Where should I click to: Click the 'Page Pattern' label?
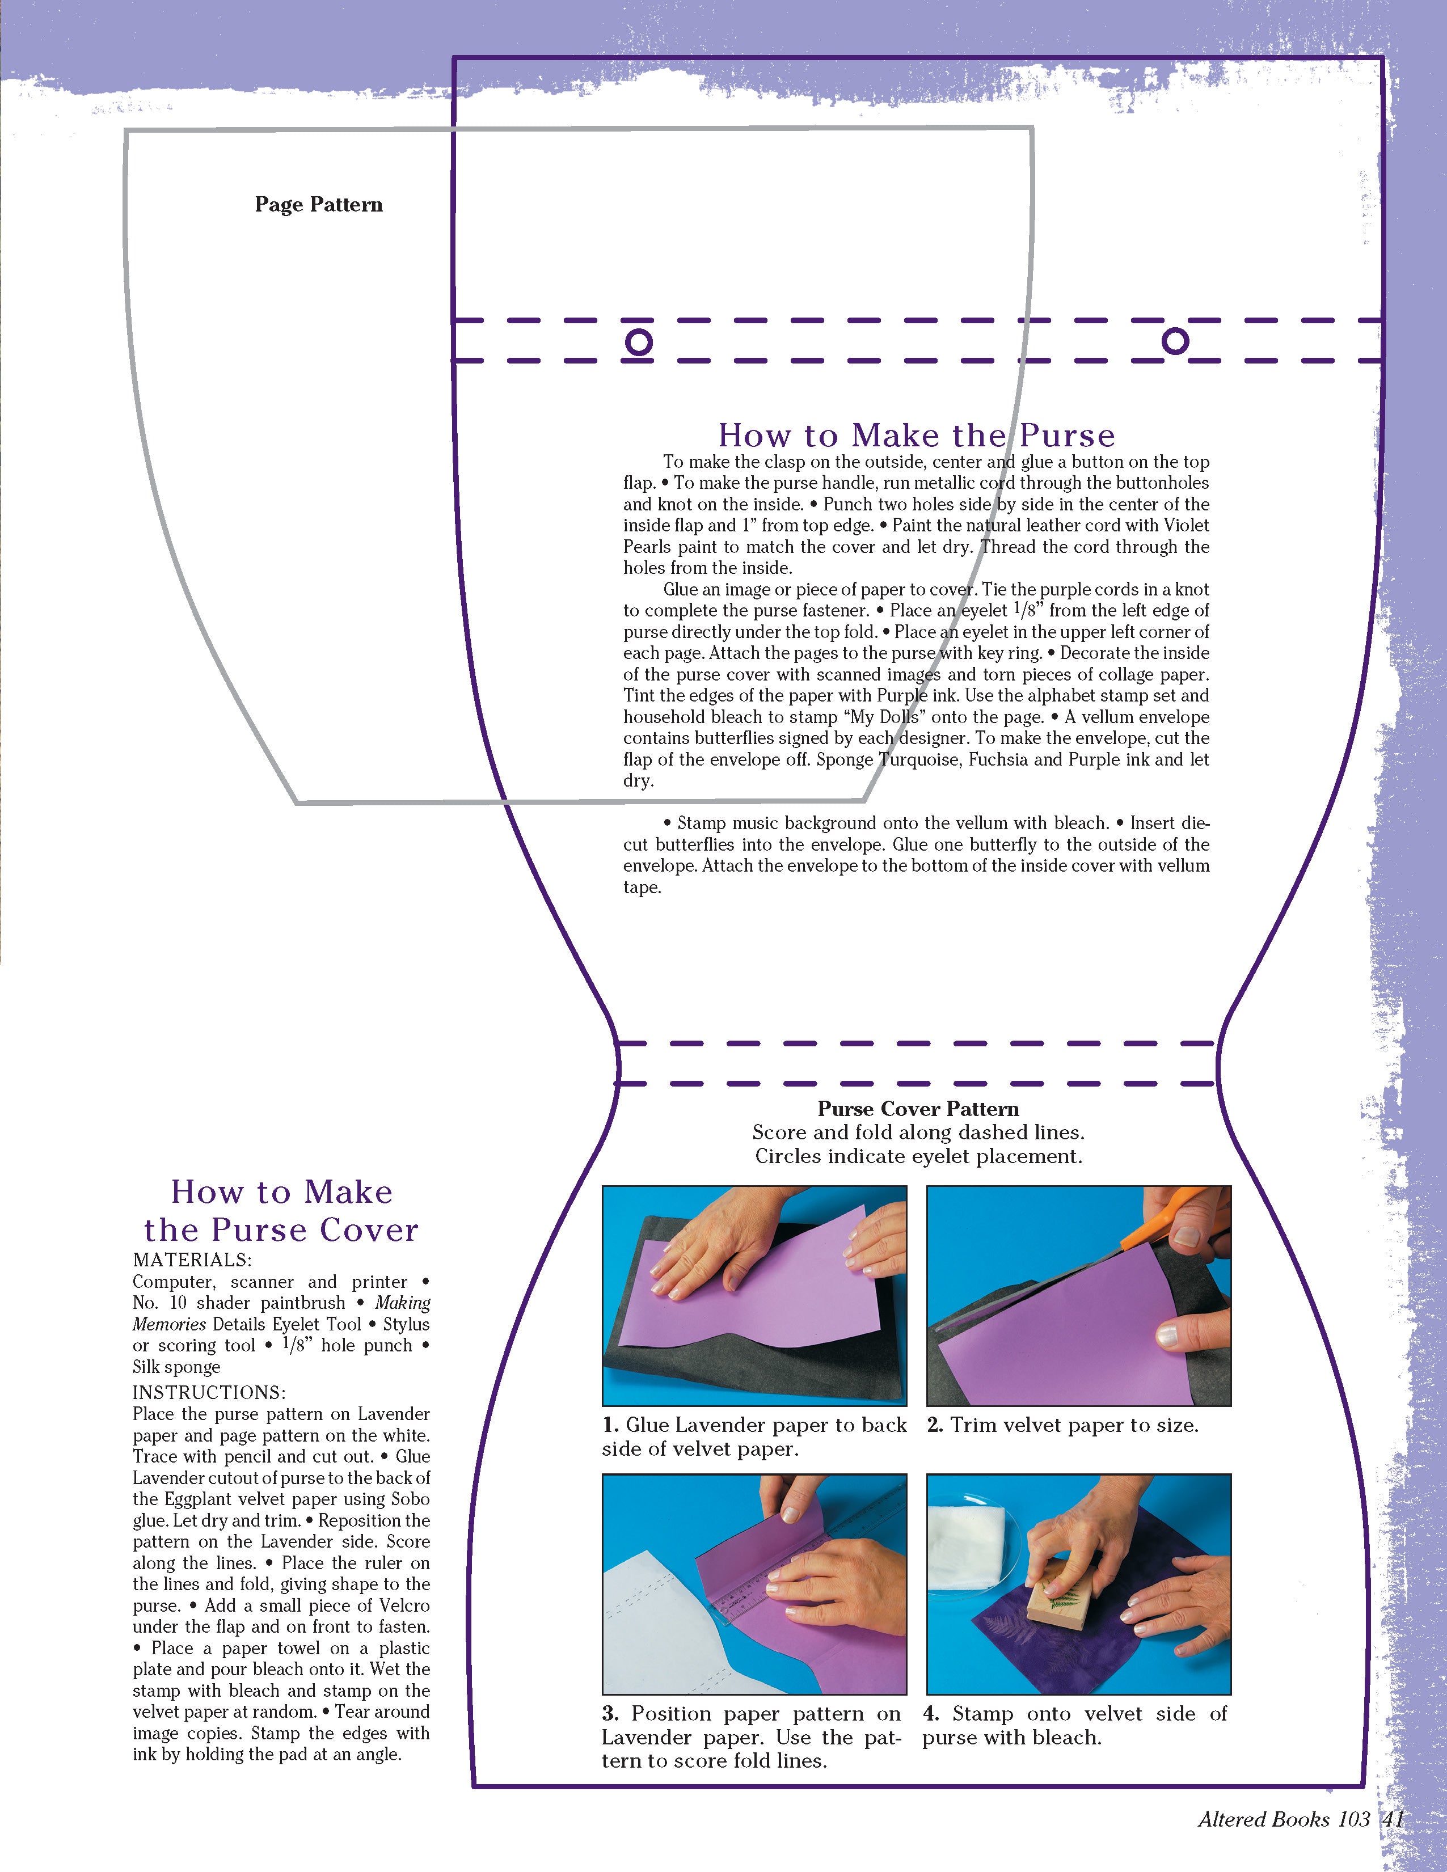(319, 205)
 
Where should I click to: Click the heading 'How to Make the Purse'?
(917, 436)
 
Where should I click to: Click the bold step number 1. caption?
(610, 1425)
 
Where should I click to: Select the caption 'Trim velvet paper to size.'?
(1074, 1425)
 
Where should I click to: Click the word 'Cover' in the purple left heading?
(369, 1230)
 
